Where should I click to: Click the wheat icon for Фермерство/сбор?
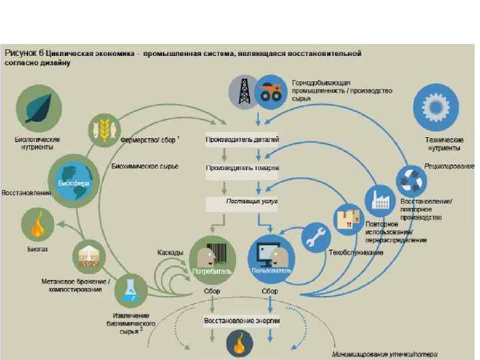pyautogui.click(x=105, y=128)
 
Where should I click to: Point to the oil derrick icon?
pyautogui.click(x=243, y=91)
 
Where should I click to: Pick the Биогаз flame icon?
pyautogui.click(x=39, y=224)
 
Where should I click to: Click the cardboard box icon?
pyautogui.click(x=348, y=218)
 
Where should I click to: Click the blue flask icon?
pyautogui.click(x=128, y=291)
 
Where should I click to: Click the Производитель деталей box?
pyautogui.click(x=241, y=139)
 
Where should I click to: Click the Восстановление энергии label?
pyautogui.click(x=241, y=321)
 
